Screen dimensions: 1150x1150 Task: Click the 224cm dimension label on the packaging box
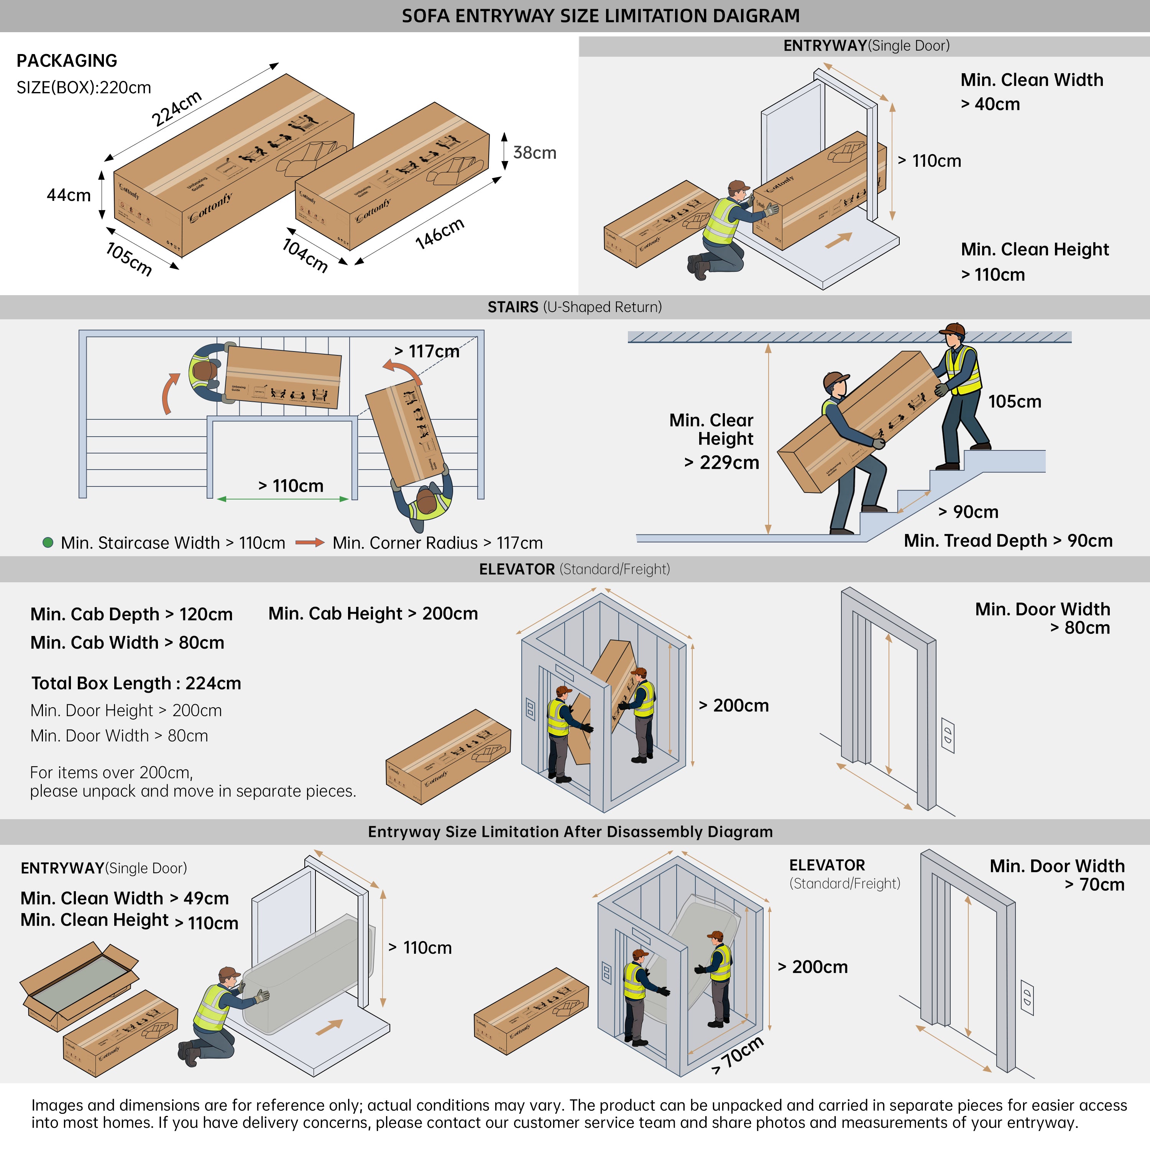[x=177, y=109]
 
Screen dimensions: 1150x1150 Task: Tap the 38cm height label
[x=534, y=153]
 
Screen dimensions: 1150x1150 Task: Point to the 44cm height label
[x=69, y=195]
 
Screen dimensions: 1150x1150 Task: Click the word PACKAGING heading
[x=67, y=61]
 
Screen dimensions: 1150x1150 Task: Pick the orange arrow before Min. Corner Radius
[x=310, y=542]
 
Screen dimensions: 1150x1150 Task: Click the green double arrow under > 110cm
[x=283, y=499]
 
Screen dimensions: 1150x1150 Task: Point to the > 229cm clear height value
[x=721, y=463]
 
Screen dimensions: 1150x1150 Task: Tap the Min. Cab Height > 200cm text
[x=373, y=614]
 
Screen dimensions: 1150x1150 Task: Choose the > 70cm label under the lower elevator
[x=738, y=1055]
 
